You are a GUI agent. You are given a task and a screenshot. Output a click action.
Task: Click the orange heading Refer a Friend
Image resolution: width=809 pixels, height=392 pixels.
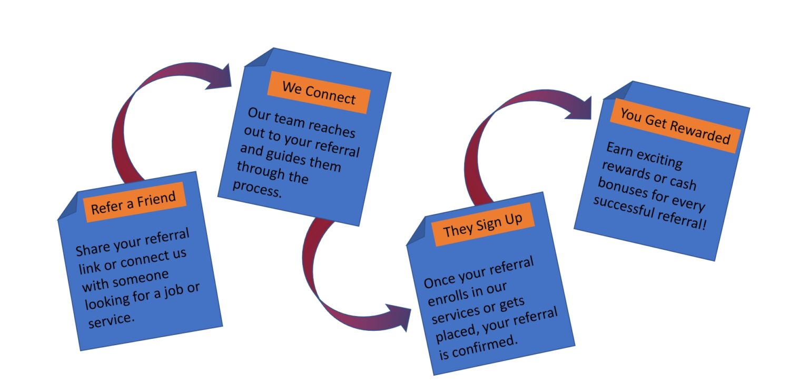coord(135,202)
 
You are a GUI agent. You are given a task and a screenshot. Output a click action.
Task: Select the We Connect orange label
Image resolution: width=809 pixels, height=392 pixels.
coord(319,93)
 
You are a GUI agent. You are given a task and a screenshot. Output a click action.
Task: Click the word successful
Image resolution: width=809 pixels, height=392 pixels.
coord(622,207)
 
